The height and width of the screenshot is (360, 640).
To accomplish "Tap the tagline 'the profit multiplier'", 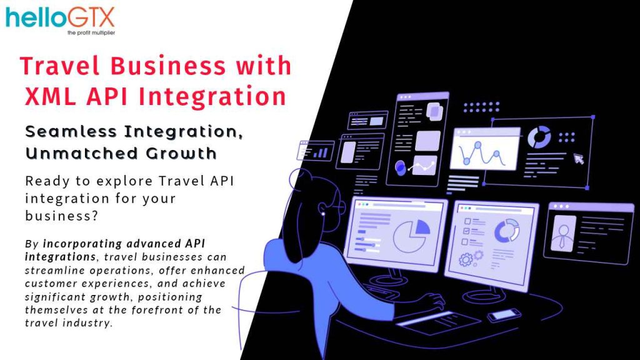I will [x=91, y=32].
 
